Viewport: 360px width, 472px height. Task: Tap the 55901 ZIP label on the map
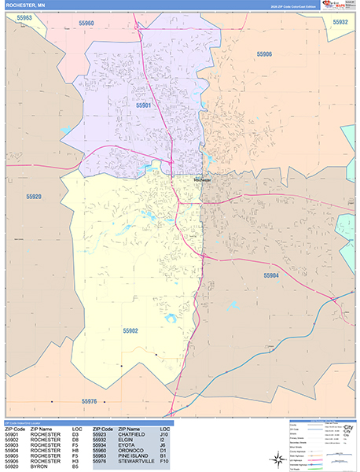click(143, 105)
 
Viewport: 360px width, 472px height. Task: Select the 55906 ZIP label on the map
click(264, 54)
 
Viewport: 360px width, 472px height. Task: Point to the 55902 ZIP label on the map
click(130, 331)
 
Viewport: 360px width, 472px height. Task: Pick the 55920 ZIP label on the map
click(34, 197)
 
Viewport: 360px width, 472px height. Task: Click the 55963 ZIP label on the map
click(24, 17)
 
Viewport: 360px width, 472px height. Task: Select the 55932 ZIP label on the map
click(340, 23)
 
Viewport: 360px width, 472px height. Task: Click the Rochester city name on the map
click(203, 179)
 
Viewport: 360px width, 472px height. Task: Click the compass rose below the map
click(278, 459)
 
